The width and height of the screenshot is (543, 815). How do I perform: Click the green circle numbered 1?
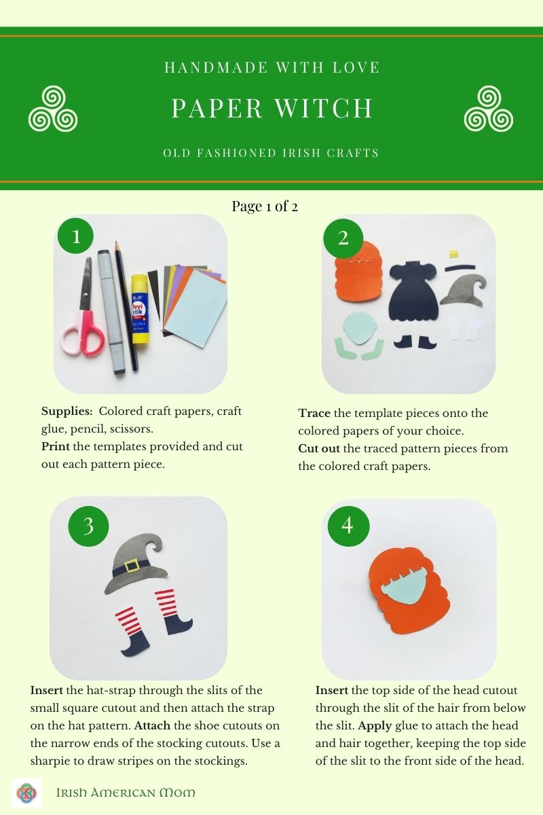click(76, 236)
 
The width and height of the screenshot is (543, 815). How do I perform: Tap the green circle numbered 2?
click(343, 237)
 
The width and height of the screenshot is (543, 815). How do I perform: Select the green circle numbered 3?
click(89, 525)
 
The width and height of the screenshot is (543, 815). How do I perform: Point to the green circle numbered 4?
click(348, 525)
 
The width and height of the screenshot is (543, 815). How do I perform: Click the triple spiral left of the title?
click(52, 109)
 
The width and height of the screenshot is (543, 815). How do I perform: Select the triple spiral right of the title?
click(489, 109)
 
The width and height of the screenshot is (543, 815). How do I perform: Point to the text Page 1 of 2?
click(265, 206)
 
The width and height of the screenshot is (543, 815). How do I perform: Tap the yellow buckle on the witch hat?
click(132, 565)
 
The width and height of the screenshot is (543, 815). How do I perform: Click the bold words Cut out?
click(320, 448)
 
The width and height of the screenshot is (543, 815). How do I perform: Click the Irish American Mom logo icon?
click(26, 792)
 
